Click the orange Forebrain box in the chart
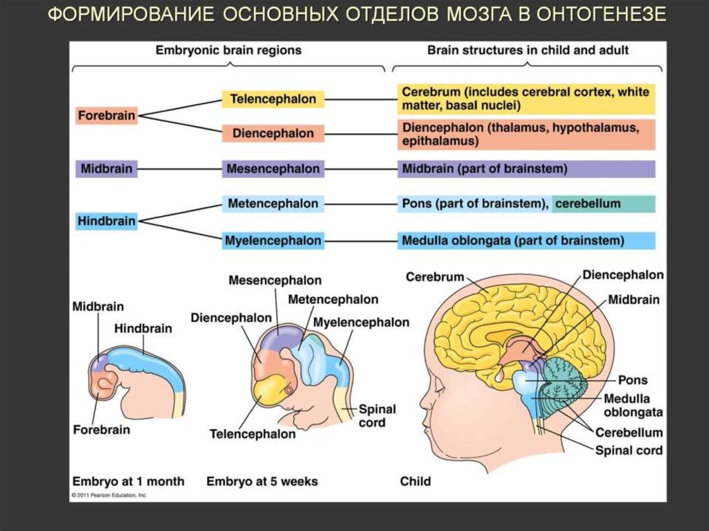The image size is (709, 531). [106, 116]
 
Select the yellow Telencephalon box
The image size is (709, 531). [272, 99]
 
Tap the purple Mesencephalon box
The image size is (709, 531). [272, 169]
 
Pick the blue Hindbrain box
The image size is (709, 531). [106, 221]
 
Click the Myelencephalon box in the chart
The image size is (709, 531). [272, 241]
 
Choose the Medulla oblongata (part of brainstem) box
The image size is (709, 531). [526, 241]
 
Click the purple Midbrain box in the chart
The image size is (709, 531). [106, 169]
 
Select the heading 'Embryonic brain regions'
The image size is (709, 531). [228, 51]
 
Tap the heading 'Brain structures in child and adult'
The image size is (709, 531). [528, 51]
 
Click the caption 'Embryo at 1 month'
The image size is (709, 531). [128, 481]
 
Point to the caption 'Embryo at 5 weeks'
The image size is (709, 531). [262, 481]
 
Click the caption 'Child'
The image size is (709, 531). [415, 481]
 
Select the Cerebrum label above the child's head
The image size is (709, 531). [434, 277]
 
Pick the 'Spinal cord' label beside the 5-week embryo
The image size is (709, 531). [377, 415]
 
